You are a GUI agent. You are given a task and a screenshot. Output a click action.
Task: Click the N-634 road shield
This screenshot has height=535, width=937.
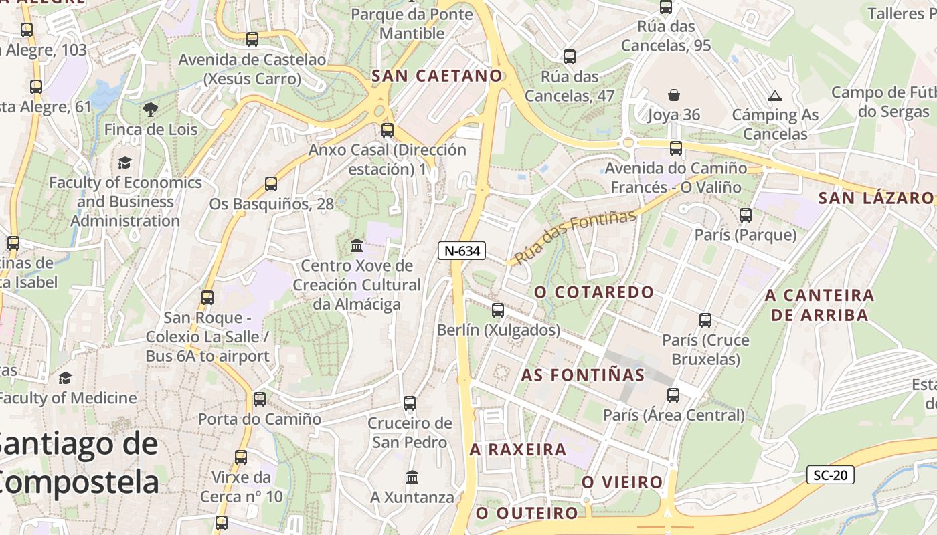pos(461,251)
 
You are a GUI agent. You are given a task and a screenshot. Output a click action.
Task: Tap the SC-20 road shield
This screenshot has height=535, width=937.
pos(830,475)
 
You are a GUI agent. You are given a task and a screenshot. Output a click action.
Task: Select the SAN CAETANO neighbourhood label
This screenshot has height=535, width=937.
pos(436,76)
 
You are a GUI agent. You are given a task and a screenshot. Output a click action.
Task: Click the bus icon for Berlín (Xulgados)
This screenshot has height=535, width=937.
pos(497,310)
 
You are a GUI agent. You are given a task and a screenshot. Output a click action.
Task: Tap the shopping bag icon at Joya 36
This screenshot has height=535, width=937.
pos(673,95)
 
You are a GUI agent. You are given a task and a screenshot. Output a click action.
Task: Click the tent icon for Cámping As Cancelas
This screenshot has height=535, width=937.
pos(775,96)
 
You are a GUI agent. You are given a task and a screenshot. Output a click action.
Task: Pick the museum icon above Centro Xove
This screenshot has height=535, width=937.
pos(357,245)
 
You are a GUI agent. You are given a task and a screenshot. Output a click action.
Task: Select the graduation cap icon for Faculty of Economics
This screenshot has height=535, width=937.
pos(124,163)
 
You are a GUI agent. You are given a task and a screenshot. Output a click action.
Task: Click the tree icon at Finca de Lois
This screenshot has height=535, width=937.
pos(151,109)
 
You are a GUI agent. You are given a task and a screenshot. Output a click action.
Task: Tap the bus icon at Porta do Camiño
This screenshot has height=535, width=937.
pos(259,399)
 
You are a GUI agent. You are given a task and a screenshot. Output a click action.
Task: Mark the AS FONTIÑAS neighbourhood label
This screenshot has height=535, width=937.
pos(582,374)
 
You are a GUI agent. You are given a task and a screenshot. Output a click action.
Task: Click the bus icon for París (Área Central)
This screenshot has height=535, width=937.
pos(673,395)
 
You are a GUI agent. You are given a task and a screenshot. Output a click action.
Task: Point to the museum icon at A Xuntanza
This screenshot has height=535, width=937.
pos(412,477)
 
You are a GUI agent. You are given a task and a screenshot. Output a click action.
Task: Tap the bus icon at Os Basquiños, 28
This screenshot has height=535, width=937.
pos(271,184)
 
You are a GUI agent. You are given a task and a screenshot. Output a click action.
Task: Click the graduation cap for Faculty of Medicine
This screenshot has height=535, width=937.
pos(65,379)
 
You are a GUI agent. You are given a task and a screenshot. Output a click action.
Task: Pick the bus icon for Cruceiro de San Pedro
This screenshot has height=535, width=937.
pos(410,403)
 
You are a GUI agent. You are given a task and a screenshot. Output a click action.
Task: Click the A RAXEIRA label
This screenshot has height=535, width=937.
pos(518,449)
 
